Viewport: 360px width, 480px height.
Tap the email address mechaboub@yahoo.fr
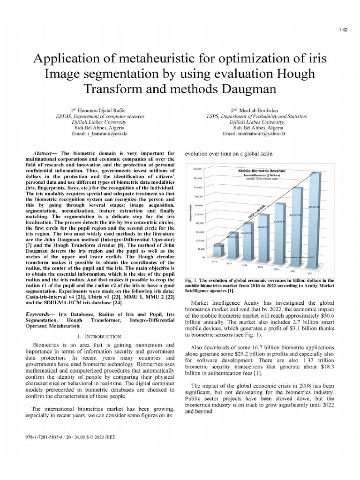[x=255, y=134]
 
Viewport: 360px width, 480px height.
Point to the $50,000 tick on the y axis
[x=196, y=168]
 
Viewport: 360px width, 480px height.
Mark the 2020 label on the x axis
[x=277, y=269]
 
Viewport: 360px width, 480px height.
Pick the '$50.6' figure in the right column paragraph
[x=339, y=316]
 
